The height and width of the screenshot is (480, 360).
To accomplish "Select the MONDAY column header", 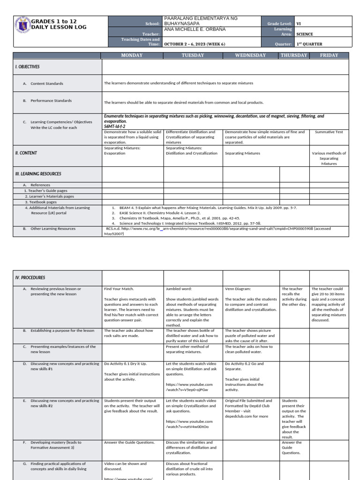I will pyautogui.click(x=132, y=55).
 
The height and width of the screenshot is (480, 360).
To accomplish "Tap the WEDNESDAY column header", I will pyautogui.click(x=250, y=55).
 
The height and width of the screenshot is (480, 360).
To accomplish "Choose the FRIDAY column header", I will pyautogui.click(x=329, y=55).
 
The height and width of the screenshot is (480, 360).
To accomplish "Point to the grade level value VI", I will pyautogui.click(x=299, y=23).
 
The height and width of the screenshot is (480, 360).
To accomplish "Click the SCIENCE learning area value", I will pyautogui.click(x=305, y=34).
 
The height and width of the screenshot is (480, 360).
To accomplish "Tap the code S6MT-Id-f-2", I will pyautogui.click(x=115, y=127).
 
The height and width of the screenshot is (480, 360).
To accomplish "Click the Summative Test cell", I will pyautogui.click(x=329, y=132).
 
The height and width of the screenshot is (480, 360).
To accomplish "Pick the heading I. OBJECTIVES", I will pyautogui.click(x=27, y=67).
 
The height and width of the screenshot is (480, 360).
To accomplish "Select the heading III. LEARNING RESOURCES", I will pyautogui.click(x=37, y=174).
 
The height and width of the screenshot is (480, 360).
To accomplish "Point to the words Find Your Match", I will pyautogui.click(x=118, y=289).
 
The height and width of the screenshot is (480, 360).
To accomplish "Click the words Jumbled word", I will pyautogui.click(x=179, y=289).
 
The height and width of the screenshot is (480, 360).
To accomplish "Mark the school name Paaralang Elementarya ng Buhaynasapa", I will pyautogui.click(x=200, y=21).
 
